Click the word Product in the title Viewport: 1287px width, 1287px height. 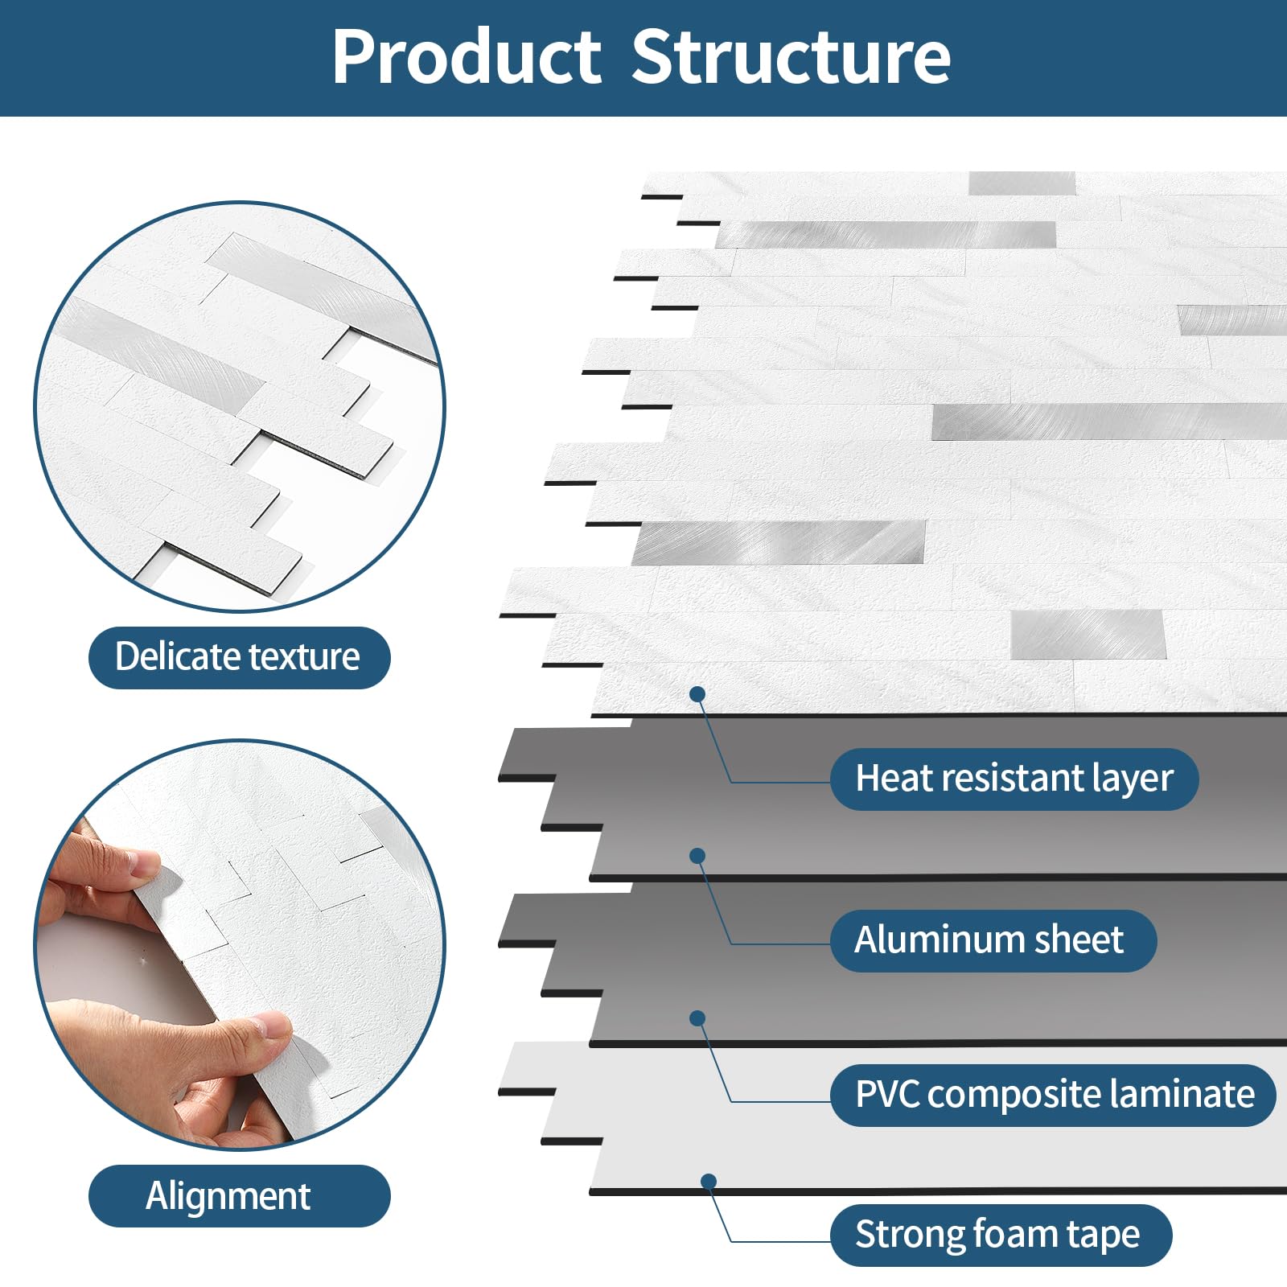click(467, 56)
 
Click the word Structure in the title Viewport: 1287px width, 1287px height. click(792, 56)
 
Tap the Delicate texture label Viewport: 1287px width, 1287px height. click(239, 657)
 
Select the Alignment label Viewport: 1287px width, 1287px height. click(239, 1195)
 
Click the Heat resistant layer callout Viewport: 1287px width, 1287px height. click(1014, 779)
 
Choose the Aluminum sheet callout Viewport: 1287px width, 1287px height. click(993, 940)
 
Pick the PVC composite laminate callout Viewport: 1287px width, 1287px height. click(1053, 1095)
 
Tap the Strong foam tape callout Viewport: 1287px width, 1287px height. click(1001, 1235)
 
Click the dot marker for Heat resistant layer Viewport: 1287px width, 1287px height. click(697, 694)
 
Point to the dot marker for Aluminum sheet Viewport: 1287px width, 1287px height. click(697, 856)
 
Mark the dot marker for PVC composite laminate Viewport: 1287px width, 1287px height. click(697, 1018)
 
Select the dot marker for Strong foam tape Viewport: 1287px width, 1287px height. click(709, 1182)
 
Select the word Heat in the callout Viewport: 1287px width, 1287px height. click(885, 778)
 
